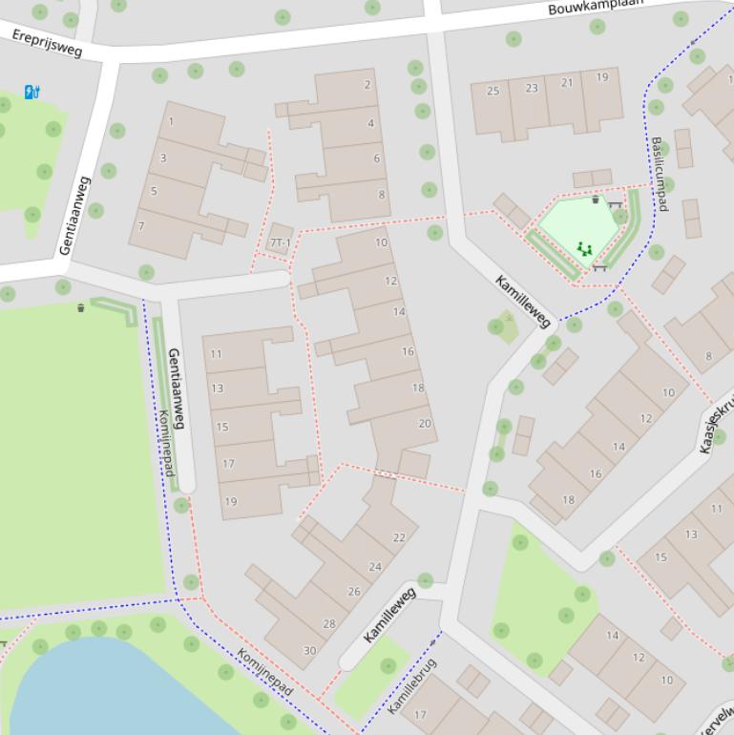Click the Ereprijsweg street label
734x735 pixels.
48,43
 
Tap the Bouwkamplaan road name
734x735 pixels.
596,8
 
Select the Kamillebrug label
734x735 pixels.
412,685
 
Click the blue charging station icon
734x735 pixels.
31,92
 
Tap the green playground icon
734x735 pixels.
584,249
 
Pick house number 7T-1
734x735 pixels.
280,243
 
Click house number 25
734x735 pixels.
493,91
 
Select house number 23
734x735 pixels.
531,88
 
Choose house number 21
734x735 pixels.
567,83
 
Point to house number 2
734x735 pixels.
367,85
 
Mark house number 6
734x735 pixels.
377,158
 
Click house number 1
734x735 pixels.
171,121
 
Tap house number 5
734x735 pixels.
154,191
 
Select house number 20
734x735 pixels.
425,424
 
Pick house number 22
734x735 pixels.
399,537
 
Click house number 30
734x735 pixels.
309,651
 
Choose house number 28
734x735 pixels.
329,624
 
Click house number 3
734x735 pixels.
163,157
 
